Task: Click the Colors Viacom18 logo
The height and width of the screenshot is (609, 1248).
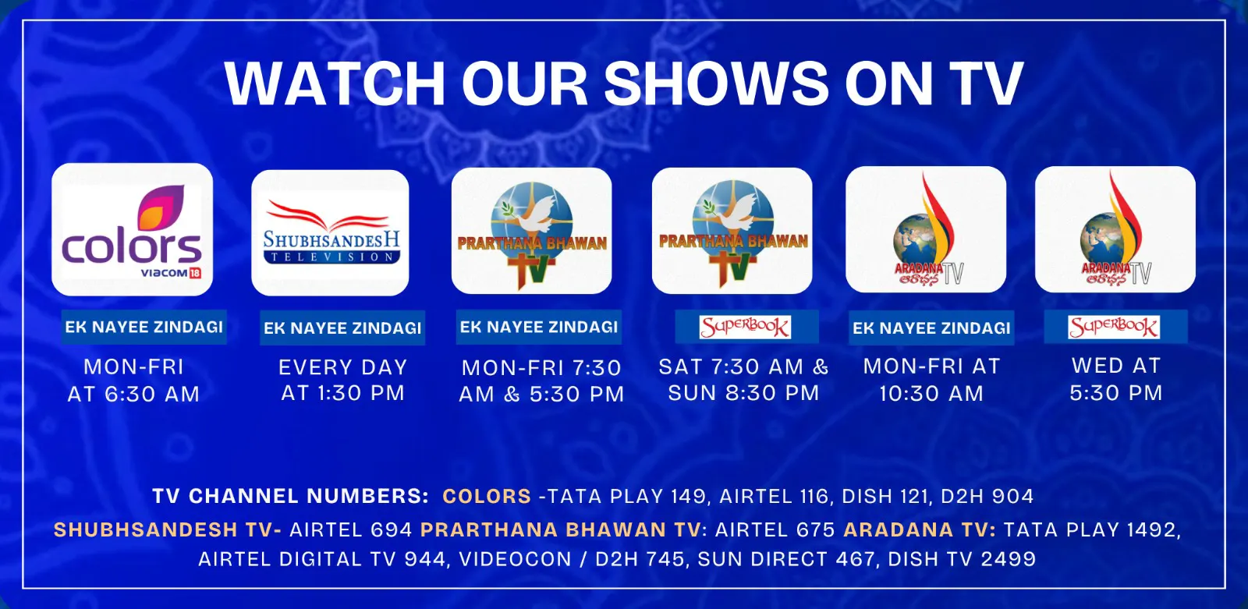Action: click(132, 229)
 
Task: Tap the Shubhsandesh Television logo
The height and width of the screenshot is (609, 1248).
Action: click(330, 233)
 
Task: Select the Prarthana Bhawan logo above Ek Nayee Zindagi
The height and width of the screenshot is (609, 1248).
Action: click(531, 231)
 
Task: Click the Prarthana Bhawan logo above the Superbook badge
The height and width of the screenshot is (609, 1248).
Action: click(732, 231)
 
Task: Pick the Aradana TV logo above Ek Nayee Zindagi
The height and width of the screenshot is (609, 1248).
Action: click(926, 229)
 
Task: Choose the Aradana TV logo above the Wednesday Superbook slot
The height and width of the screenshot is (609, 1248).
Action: click(1115, 229)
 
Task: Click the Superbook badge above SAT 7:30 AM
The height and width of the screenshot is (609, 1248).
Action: click(745, 327)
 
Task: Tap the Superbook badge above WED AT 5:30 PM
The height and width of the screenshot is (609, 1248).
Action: click(1114, 327)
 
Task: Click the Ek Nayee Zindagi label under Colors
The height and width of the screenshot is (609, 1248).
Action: click(144, 327)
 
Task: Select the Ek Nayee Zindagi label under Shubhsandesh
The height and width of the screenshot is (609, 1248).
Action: click(342, 328)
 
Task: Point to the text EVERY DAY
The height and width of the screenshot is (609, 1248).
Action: click(343, 368)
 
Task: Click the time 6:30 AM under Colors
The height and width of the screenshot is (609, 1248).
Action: click(152, 395)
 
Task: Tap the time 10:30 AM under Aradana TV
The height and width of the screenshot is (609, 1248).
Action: click(931, 394)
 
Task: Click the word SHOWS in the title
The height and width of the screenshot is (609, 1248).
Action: click(717, 83)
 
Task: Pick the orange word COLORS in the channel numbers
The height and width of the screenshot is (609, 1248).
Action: click(487, 497)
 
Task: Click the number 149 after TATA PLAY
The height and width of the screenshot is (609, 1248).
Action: click(690, 497)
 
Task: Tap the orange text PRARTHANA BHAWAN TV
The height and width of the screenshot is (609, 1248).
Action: click(561, 530)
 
